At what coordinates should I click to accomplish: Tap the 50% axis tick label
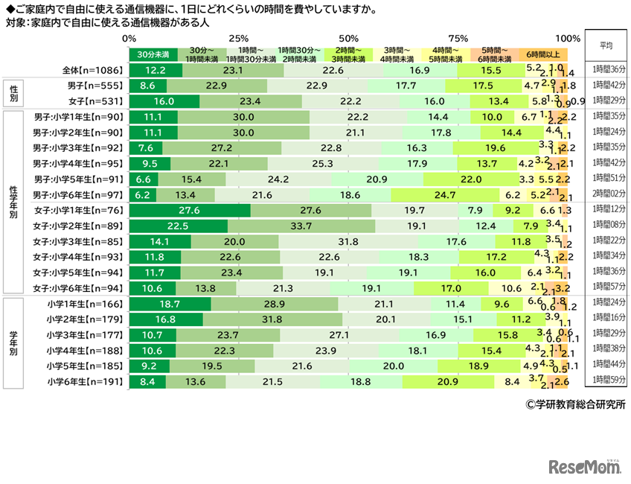(347, 38)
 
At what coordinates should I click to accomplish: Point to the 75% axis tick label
(458, 38)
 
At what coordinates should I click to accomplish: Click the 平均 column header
(606, 44)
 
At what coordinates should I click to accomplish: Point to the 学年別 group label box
(15, 343)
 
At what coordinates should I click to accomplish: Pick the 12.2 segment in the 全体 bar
(156, 71)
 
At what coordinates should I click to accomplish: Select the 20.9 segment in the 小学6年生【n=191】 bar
(447, 382)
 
